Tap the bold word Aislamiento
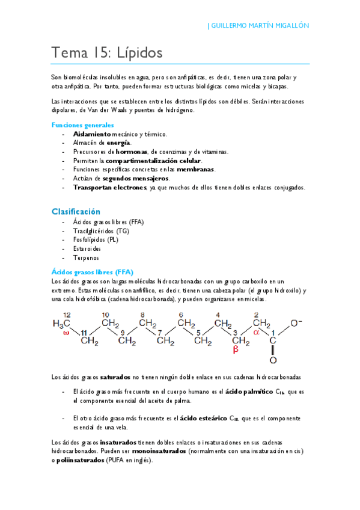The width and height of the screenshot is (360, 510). (92, 134)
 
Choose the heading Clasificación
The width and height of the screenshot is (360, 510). (76, 212)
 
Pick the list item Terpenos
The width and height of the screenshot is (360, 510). (86, 257)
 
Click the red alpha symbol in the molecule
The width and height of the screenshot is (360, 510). (255, 331)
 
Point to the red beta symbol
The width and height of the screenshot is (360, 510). (236, 348)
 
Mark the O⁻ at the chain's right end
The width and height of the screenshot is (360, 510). (296, 323)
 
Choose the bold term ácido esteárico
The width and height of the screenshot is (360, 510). (204, 417)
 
